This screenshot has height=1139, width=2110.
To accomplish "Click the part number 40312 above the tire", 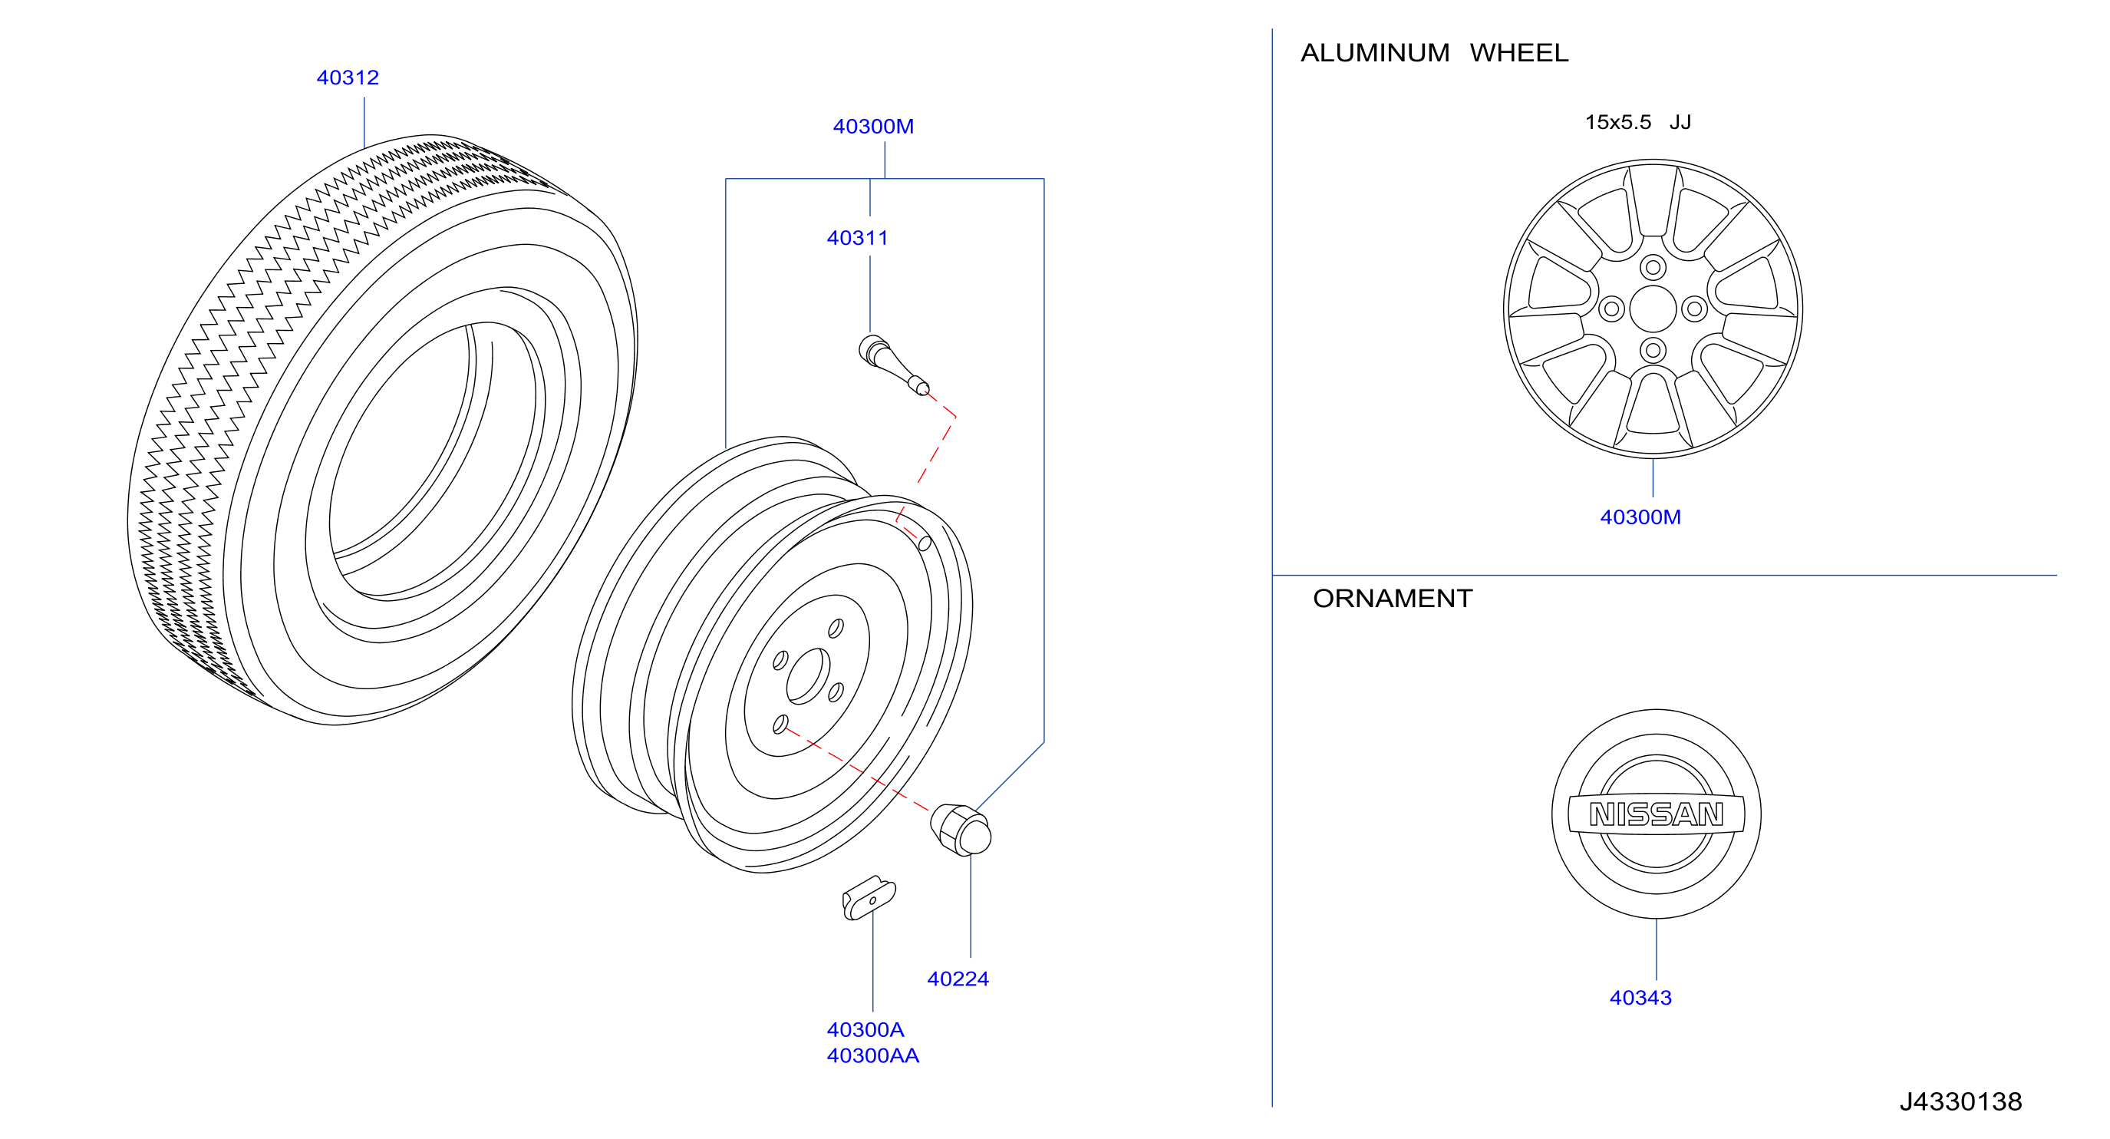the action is pos(348,78).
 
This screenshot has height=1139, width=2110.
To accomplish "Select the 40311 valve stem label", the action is pos(857,239).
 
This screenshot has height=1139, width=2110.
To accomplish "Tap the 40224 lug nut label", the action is pos(958,979).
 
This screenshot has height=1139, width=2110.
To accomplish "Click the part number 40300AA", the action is pos(872,1056).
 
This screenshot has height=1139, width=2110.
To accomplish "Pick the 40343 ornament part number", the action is pos(1640,998).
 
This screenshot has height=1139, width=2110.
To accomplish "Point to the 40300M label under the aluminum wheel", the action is pos(1640,518).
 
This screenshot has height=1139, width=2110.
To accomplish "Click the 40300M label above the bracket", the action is pos(873,127).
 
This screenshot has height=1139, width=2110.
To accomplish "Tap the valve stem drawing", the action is pos(893,364).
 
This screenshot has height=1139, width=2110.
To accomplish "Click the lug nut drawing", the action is pos(961,830).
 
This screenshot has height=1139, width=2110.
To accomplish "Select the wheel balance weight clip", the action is pos(869,898).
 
